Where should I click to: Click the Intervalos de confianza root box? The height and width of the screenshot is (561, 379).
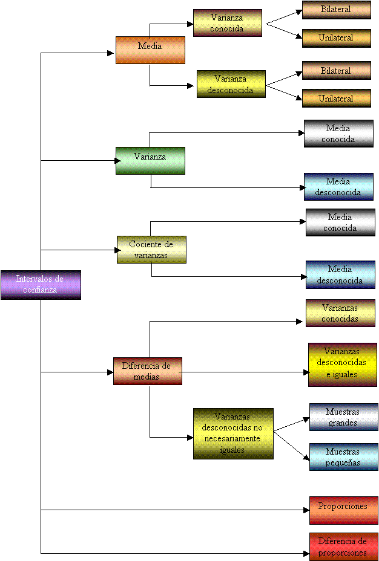41,285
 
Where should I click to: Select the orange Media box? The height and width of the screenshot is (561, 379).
150,50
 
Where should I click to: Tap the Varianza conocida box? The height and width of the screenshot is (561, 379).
228,23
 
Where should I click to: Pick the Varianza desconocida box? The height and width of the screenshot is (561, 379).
231,84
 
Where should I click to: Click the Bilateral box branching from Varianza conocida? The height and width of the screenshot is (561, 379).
336,10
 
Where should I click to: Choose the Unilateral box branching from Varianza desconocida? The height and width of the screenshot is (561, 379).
336,98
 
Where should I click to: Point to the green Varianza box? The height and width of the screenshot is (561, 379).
150,160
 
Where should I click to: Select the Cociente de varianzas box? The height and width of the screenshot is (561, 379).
151,249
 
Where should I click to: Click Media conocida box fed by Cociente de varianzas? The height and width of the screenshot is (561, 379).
340,222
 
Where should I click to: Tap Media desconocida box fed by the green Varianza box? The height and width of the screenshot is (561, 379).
338,187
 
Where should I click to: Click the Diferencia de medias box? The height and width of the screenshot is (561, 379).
147,371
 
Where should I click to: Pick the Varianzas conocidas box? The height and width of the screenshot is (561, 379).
340,313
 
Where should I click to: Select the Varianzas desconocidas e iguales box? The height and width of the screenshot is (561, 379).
343,364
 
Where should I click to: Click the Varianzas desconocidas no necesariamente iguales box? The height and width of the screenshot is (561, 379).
233,433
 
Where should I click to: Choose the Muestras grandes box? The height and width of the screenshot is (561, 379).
343,417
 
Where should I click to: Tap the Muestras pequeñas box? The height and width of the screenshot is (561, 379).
343,457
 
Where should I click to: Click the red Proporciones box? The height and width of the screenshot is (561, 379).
343,510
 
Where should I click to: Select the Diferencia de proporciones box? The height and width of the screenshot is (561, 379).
343,546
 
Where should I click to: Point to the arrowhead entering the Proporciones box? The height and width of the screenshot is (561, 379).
306,510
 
